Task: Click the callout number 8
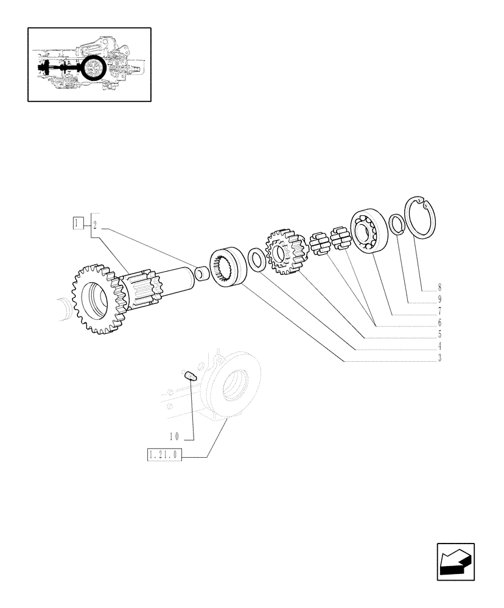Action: tap(439, 288)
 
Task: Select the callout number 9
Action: tap(439, 300)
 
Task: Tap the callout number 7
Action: tap(439, 311)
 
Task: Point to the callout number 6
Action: tap(439, 323)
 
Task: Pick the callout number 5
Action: tap(439, 334)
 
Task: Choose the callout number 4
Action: tap(439, 346)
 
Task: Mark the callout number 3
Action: tap(439, 358)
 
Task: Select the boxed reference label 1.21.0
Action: tap(164, 455)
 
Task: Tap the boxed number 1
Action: tap(78, 224)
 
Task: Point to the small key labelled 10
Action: tap(189, 375)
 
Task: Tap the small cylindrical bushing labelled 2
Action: tap(201, 275)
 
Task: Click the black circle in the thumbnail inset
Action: tap(94, 67)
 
